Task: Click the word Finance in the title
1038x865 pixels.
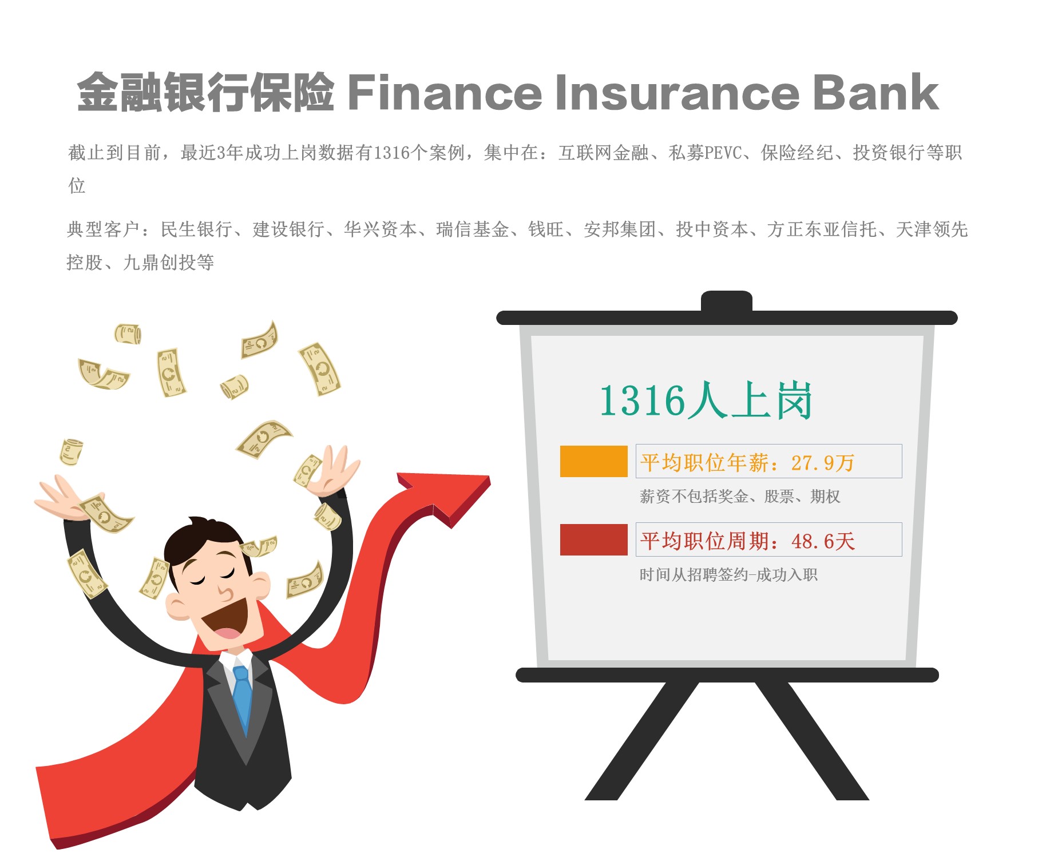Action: click(445, 92)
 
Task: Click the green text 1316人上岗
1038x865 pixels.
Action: click(706, 400)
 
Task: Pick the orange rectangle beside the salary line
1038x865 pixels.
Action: click(593, 461)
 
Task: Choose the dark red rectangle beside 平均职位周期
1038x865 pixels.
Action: click(593, 539)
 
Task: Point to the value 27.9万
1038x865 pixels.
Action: click(823, 462)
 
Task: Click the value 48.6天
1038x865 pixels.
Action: click(823, 541)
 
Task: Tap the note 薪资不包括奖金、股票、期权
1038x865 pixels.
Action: click(739, 496)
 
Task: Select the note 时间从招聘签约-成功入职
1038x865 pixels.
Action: click(728, 574)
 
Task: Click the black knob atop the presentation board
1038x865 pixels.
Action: click(727, 301)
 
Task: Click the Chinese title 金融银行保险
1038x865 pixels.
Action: click(205, 92)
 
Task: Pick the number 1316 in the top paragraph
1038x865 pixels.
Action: click(392, 153)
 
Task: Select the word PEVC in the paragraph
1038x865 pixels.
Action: click(723, 153)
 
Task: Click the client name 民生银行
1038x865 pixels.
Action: click(196, 229)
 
